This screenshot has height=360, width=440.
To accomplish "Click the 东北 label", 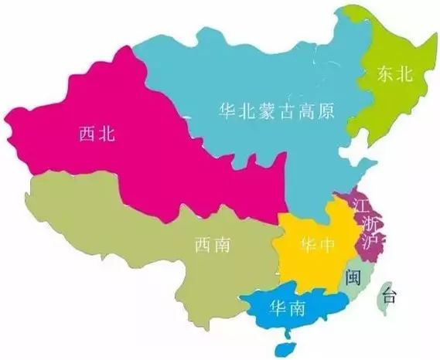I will click(x=394, y=73).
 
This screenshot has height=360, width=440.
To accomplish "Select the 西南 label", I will click(x=212, y=246).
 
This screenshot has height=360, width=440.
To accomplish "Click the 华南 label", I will click(x=286, y=308).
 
